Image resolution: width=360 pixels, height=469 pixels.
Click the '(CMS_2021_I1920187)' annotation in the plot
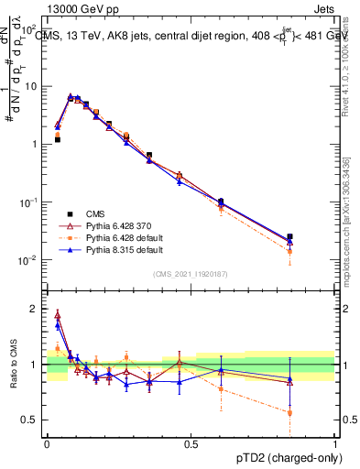[191, 273]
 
